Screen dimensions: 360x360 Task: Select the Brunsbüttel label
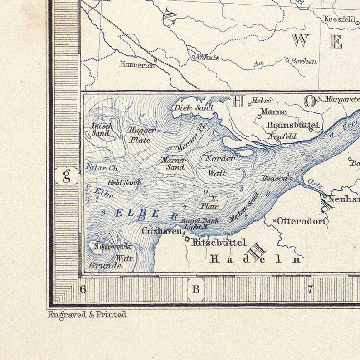click(293, 125)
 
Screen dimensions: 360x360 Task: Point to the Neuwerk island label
click(112, 247)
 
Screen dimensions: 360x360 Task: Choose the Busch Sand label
click(102, 130)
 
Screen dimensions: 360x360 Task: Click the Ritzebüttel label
click(219, 242)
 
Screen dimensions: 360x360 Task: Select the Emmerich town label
click(137, 65)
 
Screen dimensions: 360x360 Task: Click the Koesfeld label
click(340, 19)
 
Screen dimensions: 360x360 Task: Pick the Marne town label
click(273, 112)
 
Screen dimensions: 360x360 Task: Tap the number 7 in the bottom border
click(311, 289)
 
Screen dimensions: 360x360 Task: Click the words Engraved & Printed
click(87, 314)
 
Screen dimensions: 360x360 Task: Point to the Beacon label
click(274, 178)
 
